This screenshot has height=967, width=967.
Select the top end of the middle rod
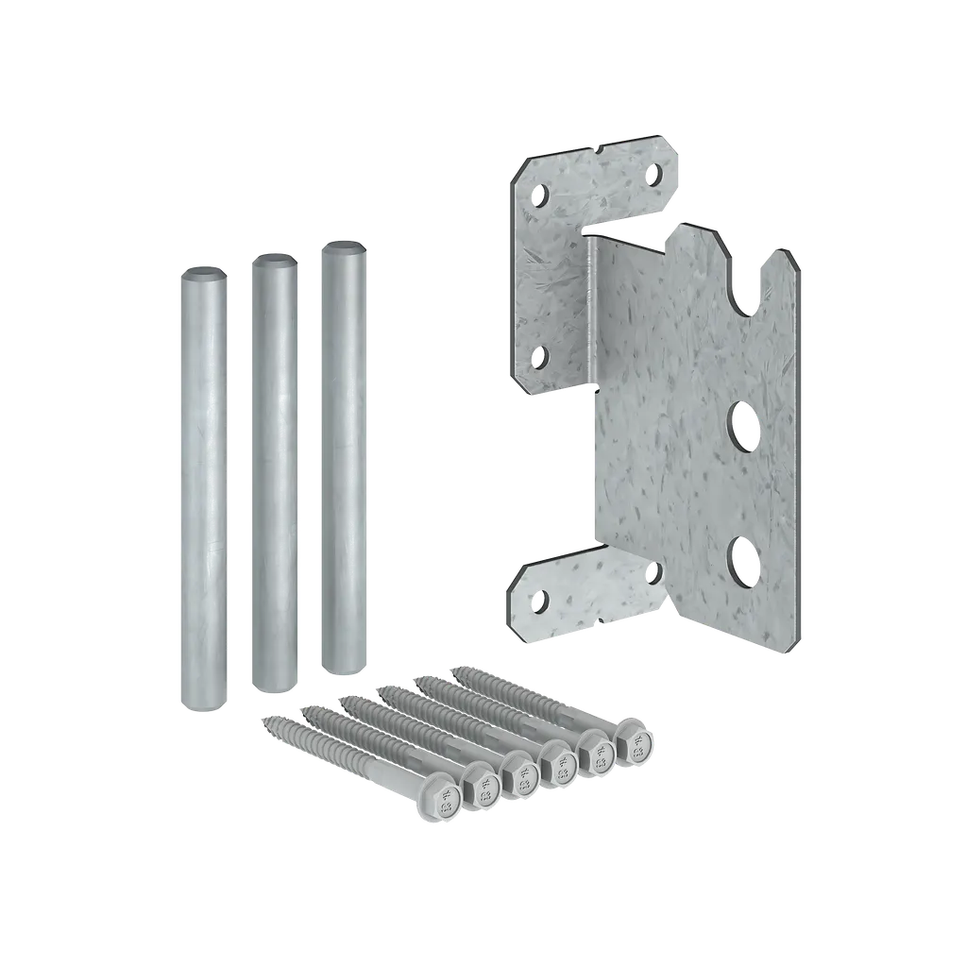click(x=274, y=260)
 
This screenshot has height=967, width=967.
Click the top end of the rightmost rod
click(x=343, y=248)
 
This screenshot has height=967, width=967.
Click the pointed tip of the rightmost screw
click(x=458, y=670)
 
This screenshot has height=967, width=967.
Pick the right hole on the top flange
click(x=654, y=173)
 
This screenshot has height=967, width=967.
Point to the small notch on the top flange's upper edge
click(x=600, y=148)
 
